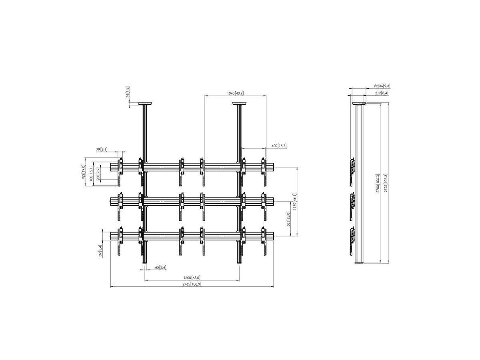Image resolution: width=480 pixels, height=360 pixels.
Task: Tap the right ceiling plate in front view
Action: click(240, 104)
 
